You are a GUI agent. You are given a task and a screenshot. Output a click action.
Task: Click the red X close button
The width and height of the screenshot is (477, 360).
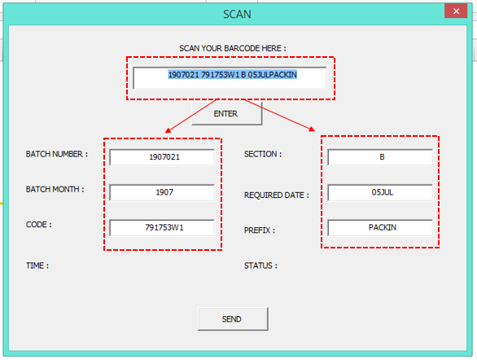[x=456, y=11]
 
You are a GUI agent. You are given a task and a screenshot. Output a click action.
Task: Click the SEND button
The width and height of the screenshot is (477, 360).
[x=233, y=318]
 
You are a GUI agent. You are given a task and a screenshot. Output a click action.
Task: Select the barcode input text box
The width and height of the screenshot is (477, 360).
[x=230, y=78]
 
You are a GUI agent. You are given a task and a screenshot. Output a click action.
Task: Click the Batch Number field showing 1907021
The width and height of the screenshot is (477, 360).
[x=162, y=157]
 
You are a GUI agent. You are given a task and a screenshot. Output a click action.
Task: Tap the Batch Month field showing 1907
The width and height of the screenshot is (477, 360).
[x=162, y=192]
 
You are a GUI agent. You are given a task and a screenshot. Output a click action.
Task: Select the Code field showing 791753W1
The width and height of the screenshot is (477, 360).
[x=162, y=227]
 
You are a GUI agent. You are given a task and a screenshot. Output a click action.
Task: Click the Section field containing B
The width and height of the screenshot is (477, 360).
[x=380, y=157]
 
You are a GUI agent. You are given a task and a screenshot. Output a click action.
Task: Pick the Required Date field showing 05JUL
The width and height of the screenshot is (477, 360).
[x=380, y=192]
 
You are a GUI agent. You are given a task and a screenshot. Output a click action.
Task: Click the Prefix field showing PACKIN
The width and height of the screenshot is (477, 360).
[x=380, y=227]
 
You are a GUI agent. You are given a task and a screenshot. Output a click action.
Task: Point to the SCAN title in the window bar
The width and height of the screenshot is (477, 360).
[x=238, y=15]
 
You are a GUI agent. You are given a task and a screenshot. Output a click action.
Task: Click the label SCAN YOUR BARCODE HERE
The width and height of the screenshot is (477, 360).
[x=233, y=48]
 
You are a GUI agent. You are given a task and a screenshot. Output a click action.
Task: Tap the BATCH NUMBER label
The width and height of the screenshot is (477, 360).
[x=57, y=154]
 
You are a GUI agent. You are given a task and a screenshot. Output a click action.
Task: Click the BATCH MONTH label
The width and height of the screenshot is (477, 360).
[x=55, y=189]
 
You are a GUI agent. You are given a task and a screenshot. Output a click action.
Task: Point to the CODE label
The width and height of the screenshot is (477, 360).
[x=38, y=225]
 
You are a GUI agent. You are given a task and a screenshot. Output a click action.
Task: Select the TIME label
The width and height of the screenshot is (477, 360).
[x=37, y=266]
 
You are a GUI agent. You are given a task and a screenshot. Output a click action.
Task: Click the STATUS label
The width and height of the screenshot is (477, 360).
[x=260, y=266]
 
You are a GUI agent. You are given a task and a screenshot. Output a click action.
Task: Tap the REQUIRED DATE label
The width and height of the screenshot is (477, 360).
[x=277, y=195]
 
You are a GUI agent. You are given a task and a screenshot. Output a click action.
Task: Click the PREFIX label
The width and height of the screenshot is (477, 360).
[x=260, y=230]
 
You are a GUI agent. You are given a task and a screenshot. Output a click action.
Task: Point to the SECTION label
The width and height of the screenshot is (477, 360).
[x=263, y=154]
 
